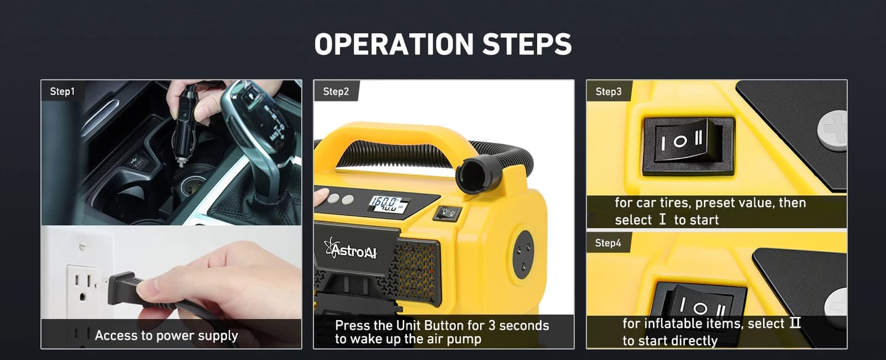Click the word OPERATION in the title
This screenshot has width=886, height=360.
tap(394, 44)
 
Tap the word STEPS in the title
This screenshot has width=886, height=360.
tap(527, 44)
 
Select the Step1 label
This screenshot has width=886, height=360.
tap(62, 91)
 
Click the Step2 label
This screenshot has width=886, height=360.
tap(336, 91)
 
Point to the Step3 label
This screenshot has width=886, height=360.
tap(609, 91)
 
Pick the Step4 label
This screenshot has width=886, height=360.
tap(608, 243)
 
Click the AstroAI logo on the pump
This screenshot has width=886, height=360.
tap(350, 249)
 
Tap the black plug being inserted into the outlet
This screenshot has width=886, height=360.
tap(125, 288)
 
